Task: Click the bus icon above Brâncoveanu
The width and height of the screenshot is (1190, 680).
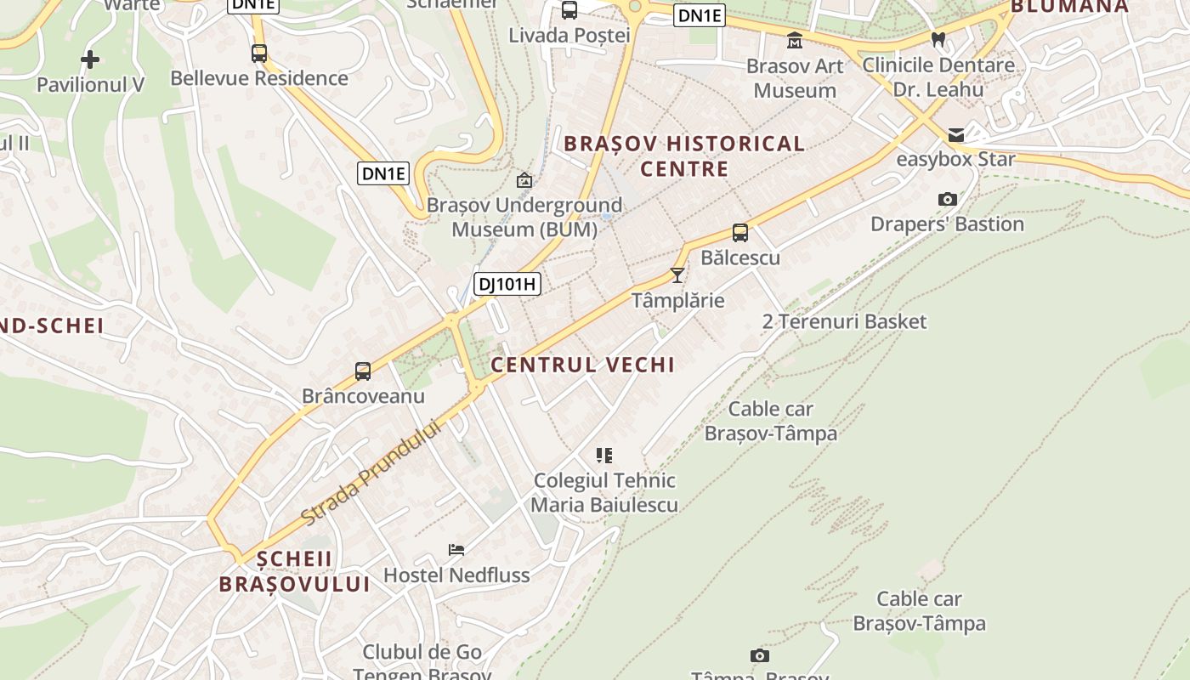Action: tap(363, 371)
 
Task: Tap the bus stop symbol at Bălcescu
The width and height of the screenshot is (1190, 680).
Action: tap(740, 233)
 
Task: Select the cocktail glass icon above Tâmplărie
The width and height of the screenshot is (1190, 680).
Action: tap(677, 275)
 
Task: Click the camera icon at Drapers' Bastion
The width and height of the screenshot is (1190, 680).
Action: tap(948, 200)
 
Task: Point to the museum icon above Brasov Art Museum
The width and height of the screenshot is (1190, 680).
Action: tap(795, 40)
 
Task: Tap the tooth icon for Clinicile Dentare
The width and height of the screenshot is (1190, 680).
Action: tap(938, 39)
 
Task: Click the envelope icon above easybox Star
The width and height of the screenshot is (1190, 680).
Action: tap(956, 135)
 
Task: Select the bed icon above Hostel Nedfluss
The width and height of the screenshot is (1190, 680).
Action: tap(456, 550)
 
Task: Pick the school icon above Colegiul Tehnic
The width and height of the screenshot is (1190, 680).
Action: tap(604, 456)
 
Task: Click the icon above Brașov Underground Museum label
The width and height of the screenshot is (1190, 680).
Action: tap(524, 180)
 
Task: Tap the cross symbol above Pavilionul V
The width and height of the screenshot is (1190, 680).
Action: tap(90, 59)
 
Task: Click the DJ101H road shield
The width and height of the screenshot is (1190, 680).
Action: tap(507, 284)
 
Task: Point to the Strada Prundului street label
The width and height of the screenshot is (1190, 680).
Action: tap(373, 473)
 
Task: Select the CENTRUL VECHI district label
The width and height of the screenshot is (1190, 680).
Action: tap(583, 365)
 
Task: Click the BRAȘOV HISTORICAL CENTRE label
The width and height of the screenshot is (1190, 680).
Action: tap(684, 156)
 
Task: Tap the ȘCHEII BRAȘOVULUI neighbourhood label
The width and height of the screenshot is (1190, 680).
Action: tap(295, 571)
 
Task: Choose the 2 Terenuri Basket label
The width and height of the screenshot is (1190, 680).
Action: tap(844, 321)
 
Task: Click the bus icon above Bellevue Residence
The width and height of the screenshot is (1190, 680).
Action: tap(259, 54)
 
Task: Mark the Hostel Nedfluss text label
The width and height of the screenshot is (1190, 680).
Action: tap(456, 575)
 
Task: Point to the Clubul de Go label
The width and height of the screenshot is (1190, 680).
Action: tap(422, 653)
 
